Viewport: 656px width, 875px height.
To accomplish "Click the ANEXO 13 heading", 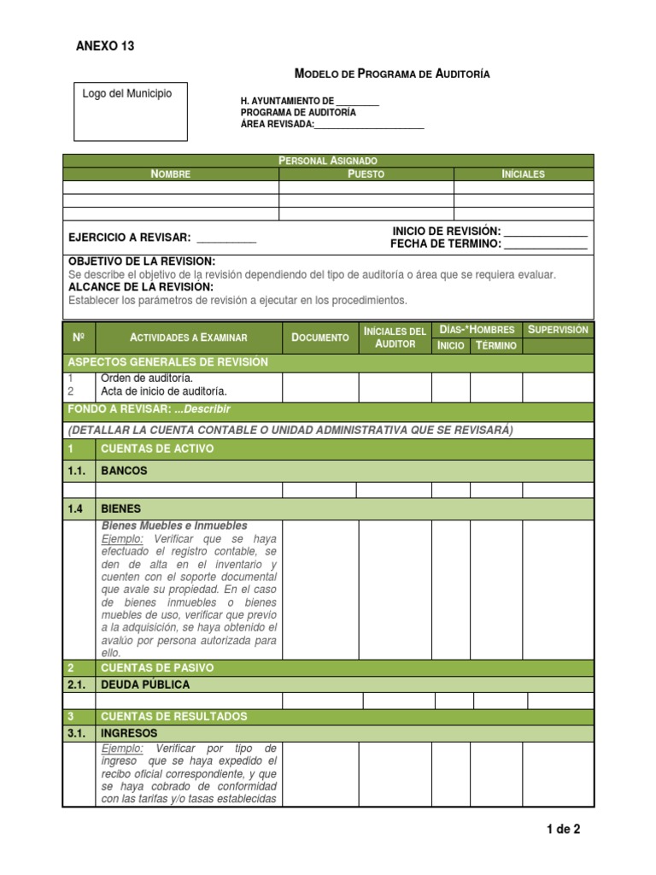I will click(x=105, y=46).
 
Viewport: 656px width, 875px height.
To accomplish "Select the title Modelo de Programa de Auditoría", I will click(x=392, y=74).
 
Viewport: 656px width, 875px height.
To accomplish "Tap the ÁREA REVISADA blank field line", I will click(x=369, y=127).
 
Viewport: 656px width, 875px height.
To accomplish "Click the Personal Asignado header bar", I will click(x=328, y=161).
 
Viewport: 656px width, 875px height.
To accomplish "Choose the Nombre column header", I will click(x=171, y=174).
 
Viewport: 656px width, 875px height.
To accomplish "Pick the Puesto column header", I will click(x=366, y=174).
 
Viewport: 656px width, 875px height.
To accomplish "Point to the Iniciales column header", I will click(x=523, y=174).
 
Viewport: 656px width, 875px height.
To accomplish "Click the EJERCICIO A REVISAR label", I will click(x=130, y=238).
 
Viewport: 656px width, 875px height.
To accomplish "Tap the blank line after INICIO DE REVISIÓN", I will click(x=546, y=232).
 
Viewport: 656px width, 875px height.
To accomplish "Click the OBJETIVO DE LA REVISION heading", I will click(x=142, y=261).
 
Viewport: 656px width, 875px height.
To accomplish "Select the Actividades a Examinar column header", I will click(x=188, y=338).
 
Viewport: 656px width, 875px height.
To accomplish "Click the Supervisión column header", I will click(x=559, y=330).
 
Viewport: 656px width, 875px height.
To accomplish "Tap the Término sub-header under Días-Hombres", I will click(x=496, y=345).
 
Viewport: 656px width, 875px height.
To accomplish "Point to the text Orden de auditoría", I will click(x=147, y=379).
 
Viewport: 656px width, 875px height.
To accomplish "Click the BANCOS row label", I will click(x=124, y=471).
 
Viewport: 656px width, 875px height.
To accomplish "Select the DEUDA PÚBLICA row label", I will click(x=145, y=684).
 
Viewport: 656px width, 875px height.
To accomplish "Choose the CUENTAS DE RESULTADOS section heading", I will click(x=173, y=716).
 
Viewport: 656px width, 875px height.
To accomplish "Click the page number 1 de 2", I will click(x=563, y=829).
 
